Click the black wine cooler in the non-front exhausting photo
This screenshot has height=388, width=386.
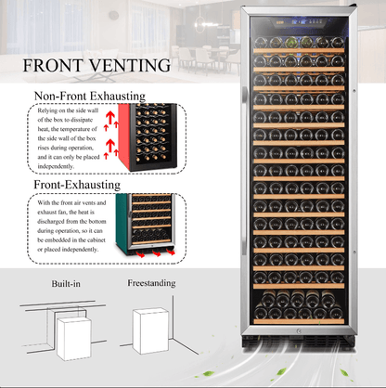click(x=144, y=137)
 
